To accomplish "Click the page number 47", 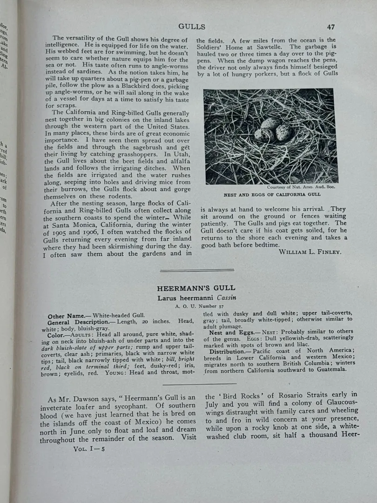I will [x=330, y=27].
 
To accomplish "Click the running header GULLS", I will [x=191, y=27].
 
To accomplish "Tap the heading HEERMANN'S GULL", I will [x=196, y=288].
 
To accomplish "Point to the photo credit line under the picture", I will [x=301, y=187].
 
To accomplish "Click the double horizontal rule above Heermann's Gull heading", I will [x=196, y=270].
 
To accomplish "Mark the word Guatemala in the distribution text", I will [x=329, y=369].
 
